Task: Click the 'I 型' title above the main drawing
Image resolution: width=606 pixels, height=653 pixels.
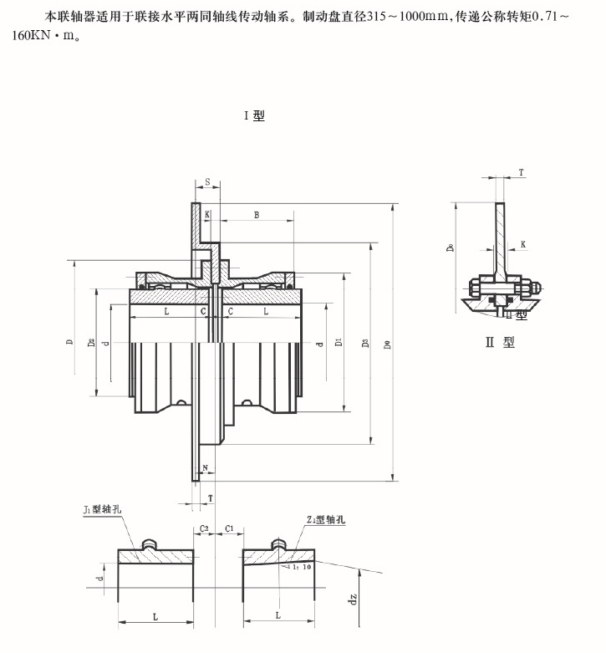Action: (254, 115)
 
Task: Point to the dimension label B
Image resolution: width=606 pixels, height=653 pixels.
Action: (257, 214)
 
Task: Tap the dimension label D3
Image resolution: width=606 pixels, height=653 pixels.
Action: (365, 344)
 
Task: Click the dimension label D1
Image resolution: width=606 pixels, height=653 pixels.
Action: (338, 343)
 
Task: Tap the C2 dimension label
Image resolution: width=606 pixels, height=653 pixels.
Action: (204, 530)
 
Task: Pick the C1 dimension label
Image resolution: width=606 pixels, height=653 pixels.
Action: (230, 530)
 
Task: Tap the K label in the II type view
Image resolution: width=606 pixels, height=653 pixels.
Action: (522, 244)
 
